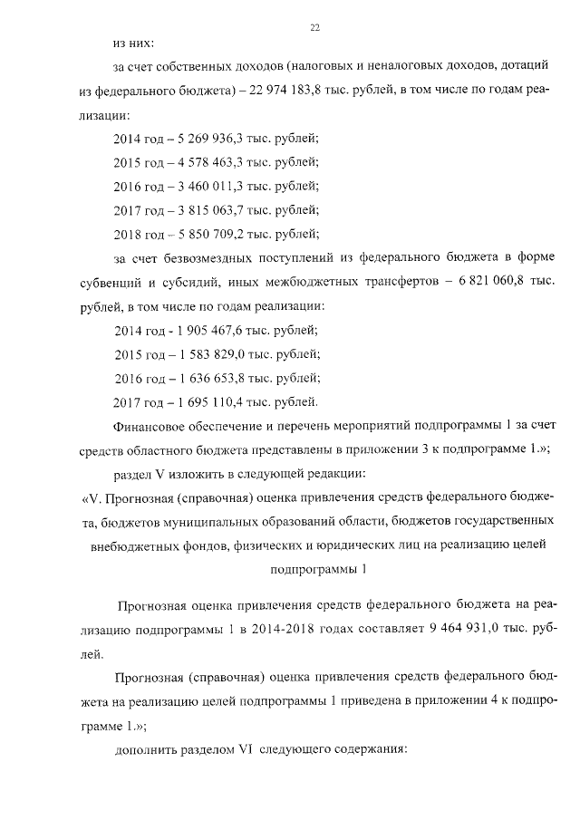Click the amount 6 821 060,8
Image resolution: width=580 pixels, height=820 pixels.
(x=489, y=282)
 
